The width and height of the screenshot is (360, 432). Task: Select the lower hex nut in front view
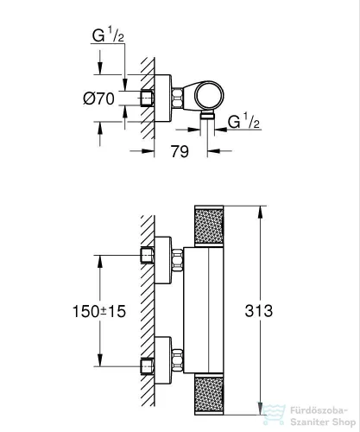click(180, 357)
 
